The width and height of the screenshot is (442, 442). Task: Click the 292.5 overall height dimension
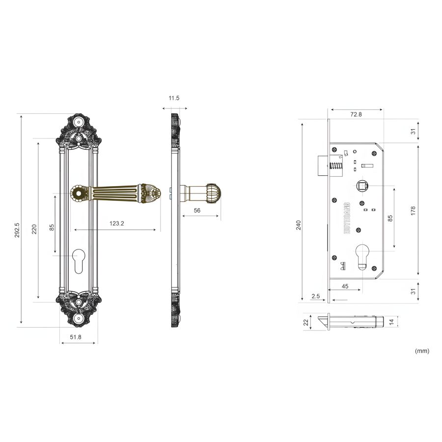point(17,230)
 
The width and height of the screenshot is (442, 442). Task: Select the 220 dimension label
point(34,229)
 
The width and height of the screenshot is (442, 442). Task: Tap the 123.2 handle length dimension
point(117,223)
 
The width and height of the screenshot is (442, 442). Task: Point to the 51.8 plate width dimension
point(76,337)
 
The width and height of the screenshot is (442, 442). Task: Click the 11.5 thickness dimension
point(174,98)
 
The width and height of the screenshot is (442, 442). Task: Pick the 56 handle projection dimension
point(197,210)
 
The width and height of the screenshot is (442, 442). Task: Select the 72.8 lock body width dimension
point(356,114)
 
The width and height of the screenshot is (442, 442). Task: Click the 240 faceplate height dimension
point(299,225)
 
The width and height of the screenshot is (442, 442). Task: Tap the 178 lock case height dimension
point(413,211)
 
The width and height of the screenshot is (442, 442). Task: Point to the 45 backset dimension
point(345,286)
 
